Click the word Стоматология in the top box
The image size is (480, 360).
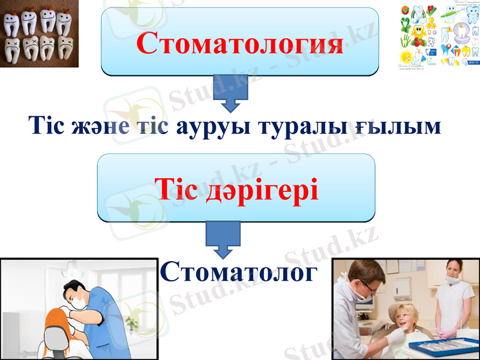240,43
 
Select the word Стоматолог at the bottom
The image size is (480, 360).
238,272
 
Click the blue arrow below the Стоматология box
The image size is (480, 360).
231,95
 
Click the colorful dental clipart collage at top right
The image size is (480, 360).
439,36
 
